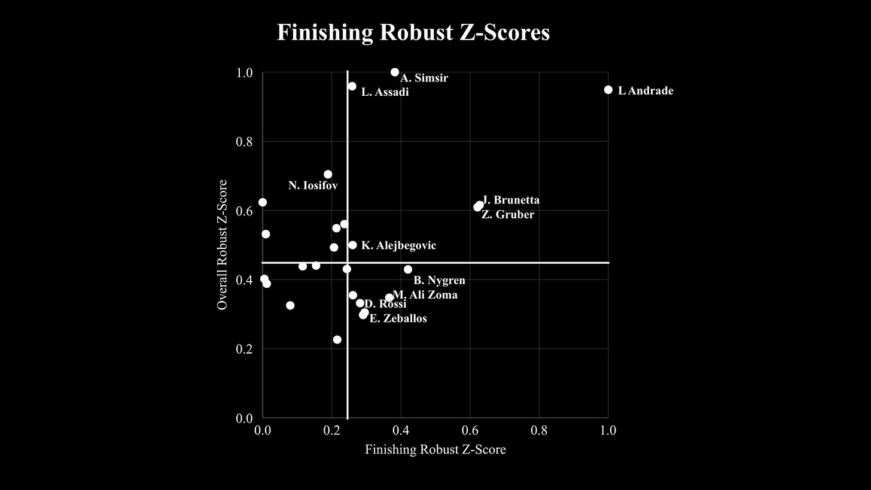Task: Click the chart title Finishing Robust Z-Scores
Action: click(413, 32)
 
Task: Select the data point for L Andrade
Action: click(608, 90)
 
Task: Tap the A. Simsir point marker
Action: click(395, 72)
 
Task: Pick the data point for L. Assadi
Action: click(352, 86)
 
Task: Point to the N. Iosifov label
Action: click(313, 185)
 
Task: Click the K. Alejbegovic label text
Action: click(398, 245)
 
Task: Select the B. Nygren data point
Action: click(408, 269)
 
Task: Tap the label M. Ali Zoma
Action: click(425, 294)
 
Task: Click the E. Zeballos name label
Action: click(398, 318)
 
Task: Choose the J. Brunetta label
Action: click(511, 200)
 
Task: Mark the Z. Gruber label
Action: click(508, 214)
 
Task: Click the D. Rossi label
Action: click(386, 304)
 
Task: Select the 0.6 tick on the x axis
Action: click(470, 430)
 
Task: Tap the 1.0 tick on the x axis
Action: click(608, 430)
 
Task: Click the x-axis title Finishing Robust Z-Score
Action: click(435, 449)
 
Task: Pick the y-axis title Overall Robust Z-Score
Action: click(222, 245)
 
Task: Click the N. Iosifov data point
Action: click(328, 174)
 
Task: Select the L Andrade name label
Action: click(645, 91)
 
